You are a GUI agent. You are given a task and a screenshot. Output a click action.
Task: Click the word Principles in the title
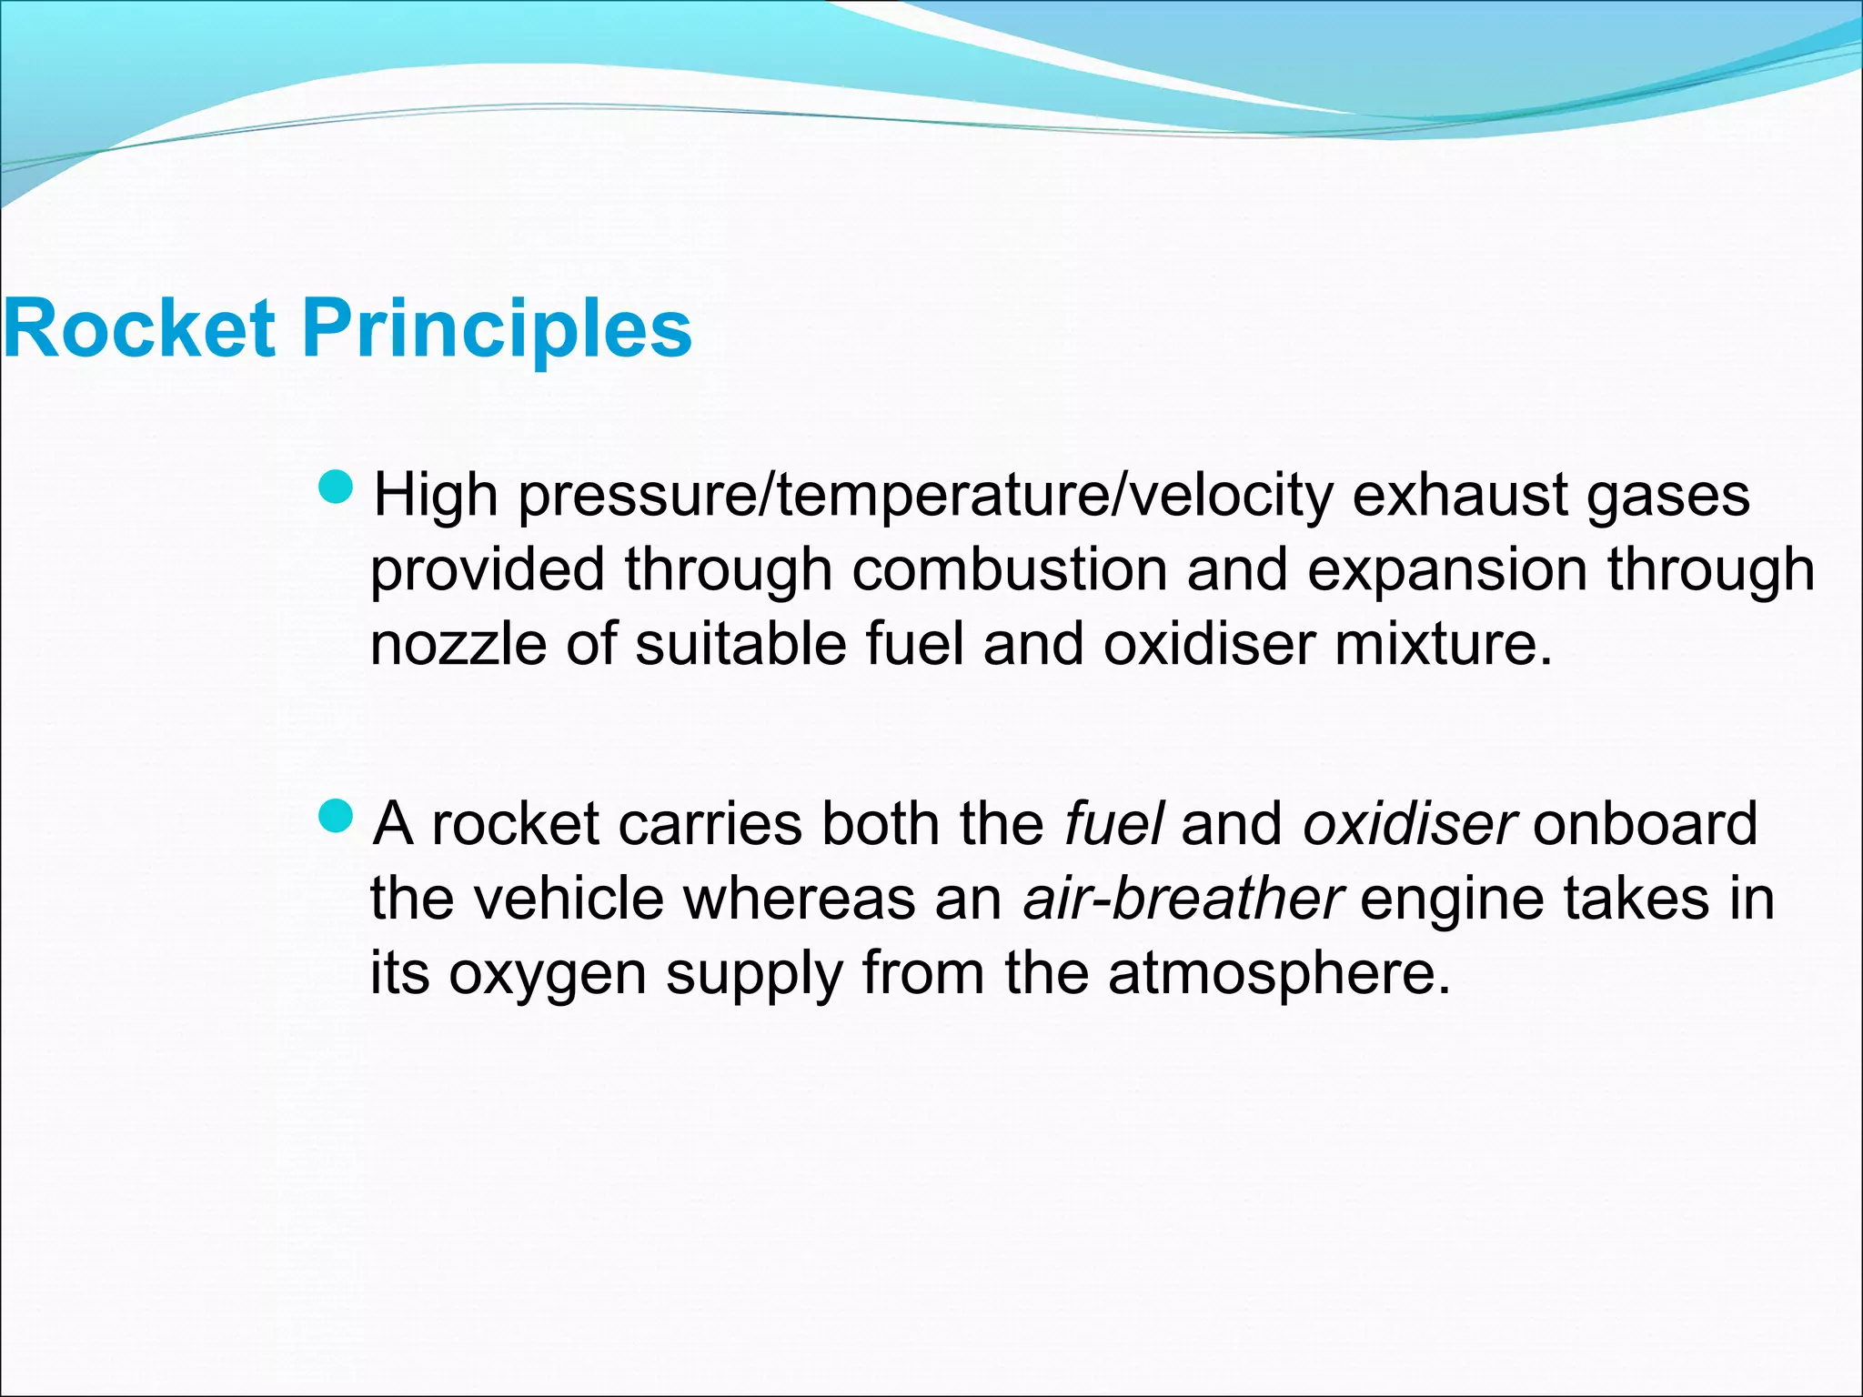tap(497, 328)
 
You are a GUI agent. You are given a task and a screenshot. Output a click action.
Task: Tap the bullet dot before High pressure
tap(337, 487)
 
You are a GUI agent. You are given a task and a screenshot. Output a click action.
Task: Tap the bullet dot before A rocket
tap(337, 816)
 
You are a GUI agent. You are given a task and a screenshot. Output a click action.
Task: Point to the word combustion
tap(1009, 570)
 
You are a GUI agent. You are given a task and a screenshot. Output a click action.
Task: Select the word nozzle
tap(458, 645)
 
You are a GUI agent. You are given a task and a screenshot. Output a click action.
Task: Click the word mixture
tap(1442, 645)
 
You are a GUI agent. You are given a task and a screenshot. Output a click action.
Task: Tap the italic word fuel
tap(1113, 823)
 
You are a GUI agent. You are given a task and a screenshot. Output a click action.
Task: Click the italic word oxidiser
tap(1409, 823)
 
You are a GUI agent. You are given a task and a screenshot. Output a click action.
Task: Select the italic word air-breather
tap(1182, 899)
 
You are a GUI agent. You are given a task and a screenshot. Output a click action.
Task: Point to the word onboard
tap(1645, 823)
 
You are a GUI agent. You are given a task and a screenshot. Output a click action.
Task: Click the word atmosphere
tap(1278, 974)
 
